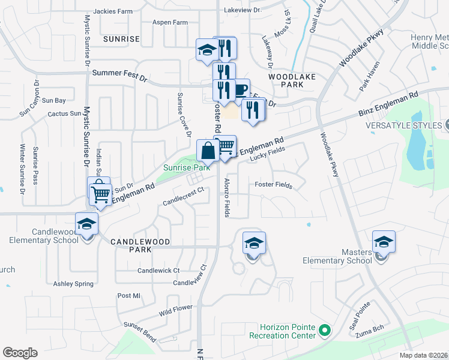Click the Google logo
(x=20, y=353)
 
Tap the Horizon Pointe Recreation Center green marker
(x=325, y=329)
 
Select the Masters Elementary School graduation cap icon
(x=384, y=242)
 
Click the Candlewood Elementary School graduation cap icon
(x=87, y=224)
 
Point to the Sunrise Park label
(x=187, y=167)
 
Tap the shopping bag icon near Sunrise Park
(x=208, y=151)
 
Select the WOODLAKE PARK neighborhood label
(x=286, y=81)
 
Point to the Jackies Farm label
(x=112, y=11)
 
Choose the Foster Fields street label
(x=273, y=185)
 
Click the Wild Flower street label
(x=175, y=310)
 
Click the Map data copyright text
(x=424, y=355)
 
